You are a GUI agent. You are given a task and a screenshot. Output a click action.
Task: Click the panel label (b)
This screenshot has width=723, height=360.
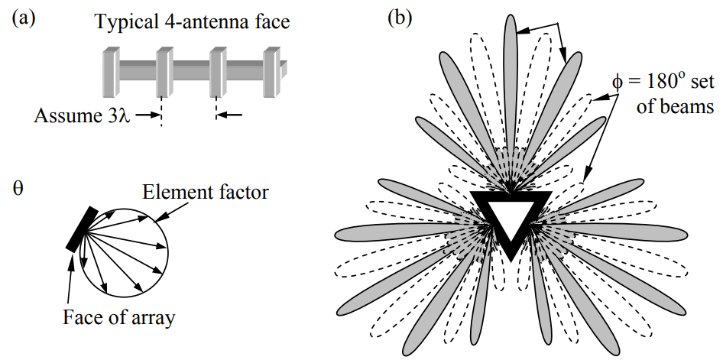click(402, 18)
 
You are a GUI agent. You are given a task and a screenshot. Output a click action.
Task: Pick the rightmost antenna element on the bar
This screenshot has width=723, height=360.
click(272, 72)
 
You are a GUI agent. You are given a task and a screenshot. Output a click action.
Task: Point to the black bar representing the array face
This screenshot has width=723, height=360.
click(81, 229)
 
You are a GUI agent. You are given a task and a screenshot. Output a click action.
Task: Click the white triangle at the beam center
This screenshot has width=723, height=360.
click(510, 217)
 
